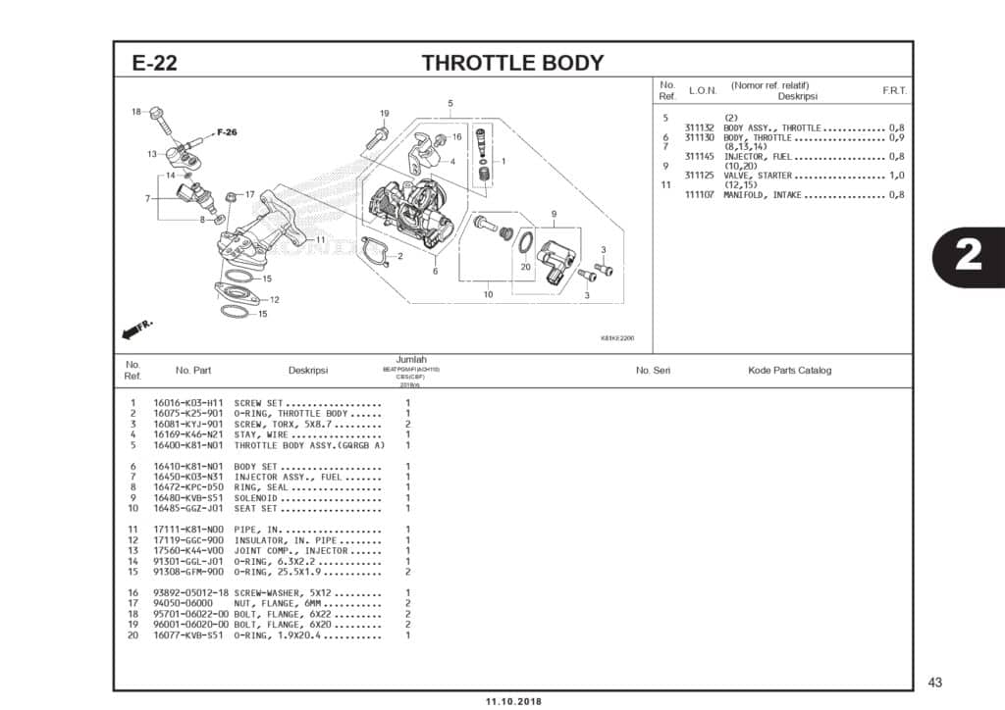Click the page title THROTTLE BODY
coord(512,64)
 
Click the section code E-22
coord(154,64)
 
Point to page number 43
coord(933,683)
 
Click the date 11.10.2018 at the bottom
coord(513,702)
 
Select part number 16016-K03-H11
coord(188,403)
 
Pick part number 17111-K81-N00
coord(188,531)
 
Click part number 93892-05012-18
coord(190,593)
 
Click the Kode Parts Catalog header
coord(789,371)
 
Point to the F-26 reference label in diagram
coord(227,132)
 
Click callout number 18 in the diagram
coord(136,111)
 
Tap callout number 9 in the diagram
coord(554,214)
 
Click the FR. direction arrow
coord(134,330)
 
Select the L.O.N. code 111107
coord(699,195)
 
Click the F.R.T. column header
coord(893,90)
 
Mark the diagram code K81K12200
coord(617,338)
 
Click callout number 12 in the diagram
coord(274,300)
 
